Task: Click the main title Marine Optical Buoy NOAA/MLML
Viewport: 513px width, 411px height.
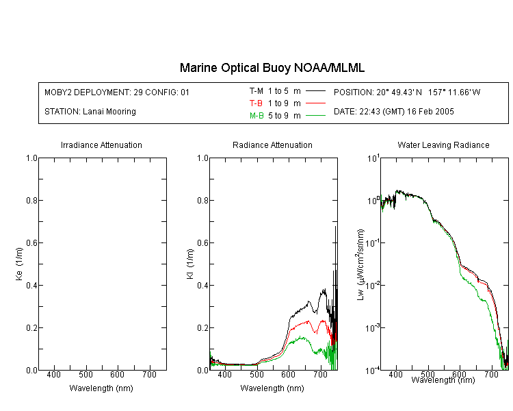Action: coord(272,68)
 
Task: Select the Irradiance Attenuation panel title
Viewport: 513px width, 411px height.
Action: coord(101,145)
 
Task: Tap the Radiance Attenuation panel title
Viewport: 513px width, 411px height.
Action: coord(272,145)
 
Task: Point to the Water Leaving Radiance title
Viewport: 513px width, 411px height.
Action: coord(443,145)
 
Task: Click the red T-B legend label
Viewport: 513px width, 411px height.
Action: coord(256,103)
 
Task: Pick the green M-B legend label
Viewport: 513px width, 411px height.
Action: coord(256,116)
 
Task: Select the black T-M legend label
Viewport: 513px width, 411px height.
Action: coord(256,91)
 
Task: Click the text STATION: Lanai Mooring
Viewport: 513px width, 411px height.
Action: coord(90,112)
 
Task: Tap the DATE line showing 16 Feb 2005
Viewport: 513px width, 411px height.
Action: coord(393,112)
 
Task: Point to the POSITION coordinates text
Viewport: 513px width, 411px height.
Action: coord(407,92)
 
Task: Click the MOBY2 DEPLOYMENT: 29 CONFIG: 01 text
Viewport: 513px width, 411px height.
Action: coord(117,92)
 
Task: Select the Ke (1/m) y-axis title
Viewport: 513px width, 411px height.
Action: coord(19,264)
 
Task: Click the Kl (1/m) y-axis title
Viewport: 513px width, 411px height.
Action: coord(190,264)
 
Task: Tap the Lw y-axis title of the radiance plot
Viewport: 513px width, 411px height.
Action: coord(360,264)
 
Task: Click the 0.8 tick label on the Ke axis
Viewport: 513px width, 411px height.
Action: coord(31,200)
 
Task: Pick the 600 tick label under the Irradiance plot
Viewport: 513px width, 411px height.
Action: coord(117,374)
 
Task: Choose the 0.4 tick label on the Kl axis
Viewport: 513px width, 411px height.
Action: coord(203,285)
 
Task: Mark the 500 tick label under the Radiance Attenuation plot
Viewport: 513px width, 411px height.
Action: coord(256,374)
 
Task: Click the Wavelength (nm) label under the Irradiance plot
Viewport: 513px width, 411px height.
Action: coord(101,388)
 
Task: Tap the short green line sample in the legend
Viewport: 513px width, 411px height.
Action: coord(315,115)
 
